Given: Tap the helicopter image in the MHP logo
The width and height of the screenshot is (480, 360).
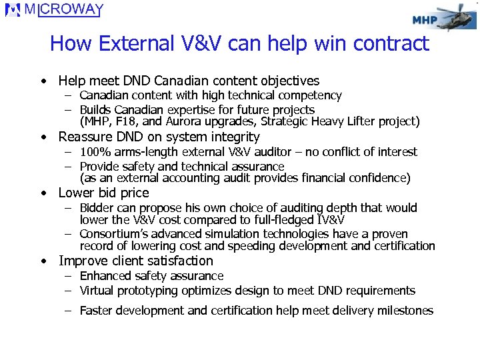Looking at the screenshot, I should coord(457,19).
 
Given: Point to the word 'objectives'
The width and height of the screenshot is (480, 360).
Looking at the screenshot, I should coord(287,81).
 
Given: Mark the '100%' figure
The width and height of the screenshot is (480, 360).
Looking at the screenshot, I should coord(95,152).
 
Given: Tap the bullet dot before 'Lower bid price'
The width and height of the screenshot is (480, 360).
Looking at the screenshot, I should coord(43,193).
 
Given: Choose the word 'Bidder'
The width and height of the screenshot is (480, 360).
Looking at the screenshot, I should coord(97,208).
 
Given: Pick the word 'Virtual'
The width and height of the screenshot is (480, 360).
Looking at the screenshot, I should coord(99,291).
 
